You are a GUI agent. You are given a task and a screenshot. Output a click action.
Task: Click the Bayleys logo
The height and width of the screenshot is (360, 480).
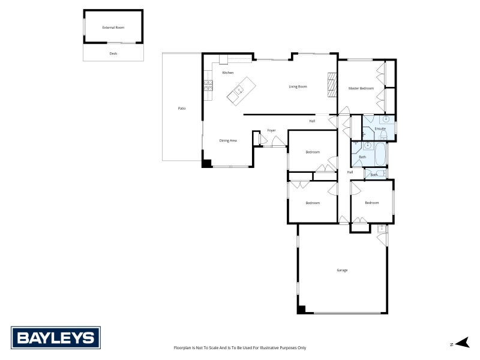(x=56, y=338)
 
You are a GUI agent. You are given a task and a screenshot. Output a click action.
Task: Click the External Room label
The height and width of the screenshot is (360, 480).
(x=113, y=28)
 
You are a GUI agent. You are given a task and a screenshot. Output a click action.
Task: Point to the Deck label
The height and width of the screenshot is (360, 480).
(x=113, y=53)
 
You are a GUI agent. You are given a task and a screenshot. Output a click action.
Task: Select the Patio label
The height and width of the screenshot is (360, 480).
(x=182, y=108)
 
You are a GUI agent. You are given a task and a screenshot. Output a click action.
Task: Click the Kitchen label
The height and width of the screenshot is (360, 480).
(x=227, y=73)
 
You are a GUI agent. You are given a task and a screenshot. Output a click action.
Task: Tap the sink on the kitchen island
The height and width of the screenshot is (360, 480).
(x=238, y=91)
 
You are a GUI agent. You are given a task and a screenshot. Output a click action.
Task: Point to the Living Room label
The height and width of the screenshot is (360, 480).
(x=298, y=86)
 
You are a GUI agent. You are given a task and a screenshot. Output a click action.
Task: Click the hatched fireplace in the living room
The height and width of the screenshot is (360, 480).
(x=331, y=84)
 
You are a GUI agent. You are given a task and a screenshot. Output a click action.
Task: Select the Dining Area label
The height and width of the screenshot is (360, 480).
(x=228, y=140)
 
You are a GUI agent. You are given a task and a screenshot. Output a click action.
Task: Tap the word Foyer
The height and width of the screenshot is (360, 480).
(x=272, y=130)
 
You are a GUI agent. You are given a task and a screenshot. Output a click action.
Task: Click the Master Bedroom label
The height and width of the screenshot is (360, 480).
(x=361, y=88)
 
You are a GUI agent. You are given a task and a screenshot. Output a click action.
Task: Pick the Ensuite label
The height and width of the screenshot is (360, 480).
(x=380, y=129)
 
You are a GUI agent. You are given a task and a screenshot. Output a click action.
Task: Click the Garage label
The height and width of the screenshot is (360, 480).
(x=342, y=270)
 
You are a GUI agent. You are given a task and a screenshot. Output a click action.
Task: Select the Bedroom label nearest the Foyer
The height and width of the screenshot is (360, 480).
(x=313, y=152)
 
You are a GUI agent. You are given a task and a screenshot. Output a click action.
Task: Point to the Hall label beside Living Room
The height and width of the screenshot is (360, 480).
(x=312, y=121)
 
